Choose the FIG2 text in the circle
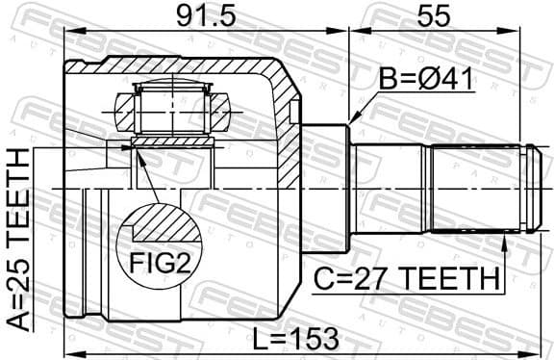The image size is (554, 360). pyautogui.click(x=155, y=260)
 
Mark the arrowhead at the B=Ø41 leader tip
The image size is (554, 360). pyautogui.click(x=352, y=121)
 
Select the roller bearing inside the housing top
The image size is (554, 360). pyautogui.click(x=173, y=108)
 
